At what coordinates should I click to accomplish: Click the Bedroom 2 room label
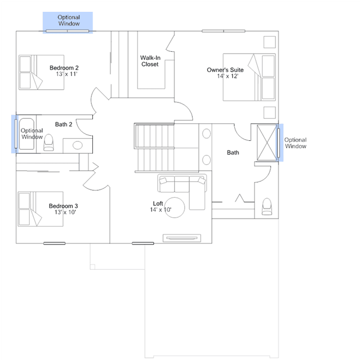[x=64, y=68]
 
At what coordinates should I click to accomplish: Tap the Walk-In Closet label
[x=150, y=61]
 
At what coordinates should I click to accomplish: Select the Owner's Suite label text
[x=225, y=70]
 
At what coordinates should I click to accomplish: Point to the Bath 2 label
[x=64, y=124]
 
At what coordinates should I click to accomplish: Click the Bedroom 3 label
[x=63, y=206]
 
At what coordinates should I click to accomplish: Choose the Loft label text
[x=158, y=203]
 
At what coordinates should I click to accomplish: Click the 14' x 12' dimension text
[x=228, y=76]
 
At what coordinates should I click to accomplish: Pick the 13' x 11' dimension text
[x=66, y=74]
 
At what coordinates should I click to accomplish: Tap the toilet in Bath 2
[x=48, y=143]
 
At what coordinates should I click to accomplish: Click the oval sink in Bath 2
[x=78, y=145]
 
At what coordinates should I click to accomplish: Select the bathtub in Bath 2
[x=26, y=134]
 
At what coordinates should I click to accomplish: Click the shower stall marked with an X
[x=267, y=143]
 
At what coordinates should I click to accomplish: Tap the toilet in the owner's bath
[x=267, y=207]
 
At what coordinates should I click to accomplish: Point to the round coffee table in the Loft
[x=175, y=207]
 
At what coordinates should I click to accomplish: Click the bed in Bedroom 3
[x=41, y=209]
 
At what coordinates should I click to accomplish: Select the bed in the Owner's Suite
[x=250, y=77]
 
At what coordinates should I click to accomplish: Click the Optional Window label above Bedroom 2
[x=69, y=20]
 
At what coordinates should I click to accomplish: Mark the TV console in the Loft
[x=182, y=238]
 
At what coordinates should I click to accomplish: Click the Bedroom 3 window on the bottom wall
[x=55, y=243]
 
